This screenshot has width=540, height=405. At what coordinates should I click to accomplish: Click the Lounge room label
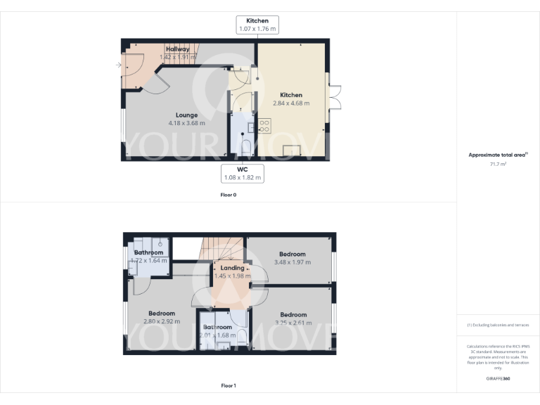point(186,115)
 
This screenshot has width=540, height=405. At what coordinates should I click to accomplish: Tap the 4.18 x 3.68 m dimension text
point(186,123)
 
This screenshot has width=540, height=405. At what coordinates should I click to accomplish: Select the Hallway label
point(178,49)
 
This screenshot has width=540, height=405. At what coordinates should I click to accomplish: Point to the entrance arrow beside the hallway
point(117,65)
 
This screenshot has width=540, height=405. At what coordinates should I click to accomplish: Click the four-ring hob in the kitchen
point(265,127)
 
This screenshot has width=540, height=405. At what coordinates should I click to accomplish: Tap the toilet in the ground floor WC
point(246,147)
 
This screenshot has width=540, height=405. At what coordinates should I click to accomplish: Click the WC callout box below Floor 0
point(243,174)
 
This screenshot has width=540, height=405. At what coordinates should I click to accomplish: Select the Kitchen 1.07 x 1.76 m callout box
point(257,25)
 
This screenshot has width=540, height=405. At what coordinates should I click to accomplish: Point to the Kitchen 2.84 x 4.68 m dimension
point(291,103)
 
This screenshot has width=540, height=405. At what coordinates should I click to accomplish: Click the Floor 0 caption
point(229,195)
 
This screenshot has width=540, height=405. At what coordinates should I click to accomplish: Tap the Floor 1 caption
point(229,385)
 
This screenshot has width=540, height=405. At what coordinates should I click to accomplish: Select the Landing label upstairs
point(232,268)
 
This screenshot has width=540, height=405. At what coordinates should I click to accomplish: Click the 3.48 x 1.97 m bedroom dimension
point(292,262)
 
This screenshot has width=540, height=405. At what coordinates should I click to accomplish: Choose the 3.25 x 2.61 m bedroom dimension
point(292,323)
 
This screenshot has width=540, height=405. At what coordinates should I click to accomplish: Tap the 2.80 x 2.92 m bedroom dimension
point(161,321)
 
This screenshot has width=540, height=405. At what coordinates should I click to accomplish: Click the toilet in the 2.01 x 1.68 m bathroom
point(242,337)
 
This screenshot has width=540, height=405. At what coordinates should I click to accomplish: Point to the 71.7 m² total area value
point(498,164)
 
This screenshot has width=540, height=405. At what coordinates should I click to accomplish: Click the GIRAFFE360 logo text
point(498,379)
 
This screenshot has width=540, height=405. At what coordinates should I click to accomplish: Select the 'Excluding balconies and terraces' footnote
point(498,326)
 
